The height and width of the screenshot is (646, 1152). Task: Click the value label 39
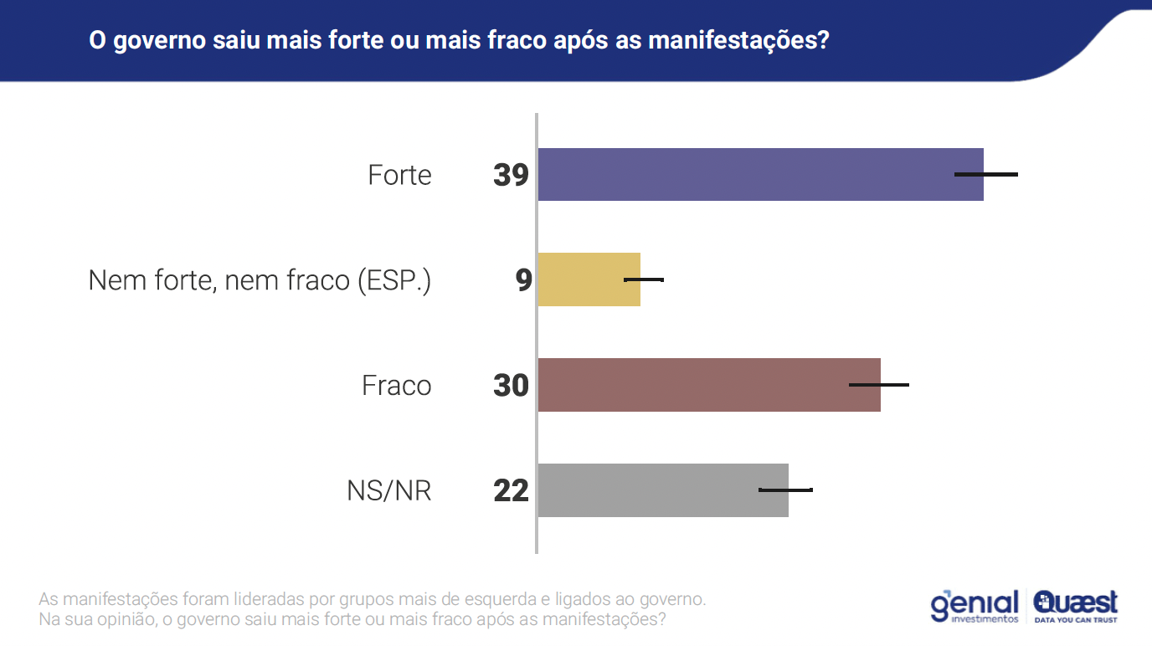[511, 175]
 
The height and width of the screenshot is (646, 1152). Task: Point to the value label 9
[523, 280]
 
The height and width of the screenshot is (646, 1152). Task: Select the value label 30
[511, 386]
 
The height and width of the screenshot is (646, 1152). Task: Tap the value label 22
[511, 490]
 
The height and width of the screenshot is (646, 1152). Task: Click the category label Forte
[399, 175]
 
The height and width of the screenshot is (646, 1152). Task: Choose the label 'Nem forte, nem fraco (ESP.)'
[260, 280]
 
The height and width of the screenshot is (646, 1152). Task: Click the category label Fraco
[396, 386]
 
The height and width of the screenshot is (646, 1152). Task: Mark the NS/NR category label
[388, 490]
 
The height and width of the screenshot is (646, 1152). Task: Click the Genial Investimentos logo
[975, 605]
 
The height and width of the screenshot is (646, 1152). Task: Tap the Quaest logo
[1076, 605]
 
